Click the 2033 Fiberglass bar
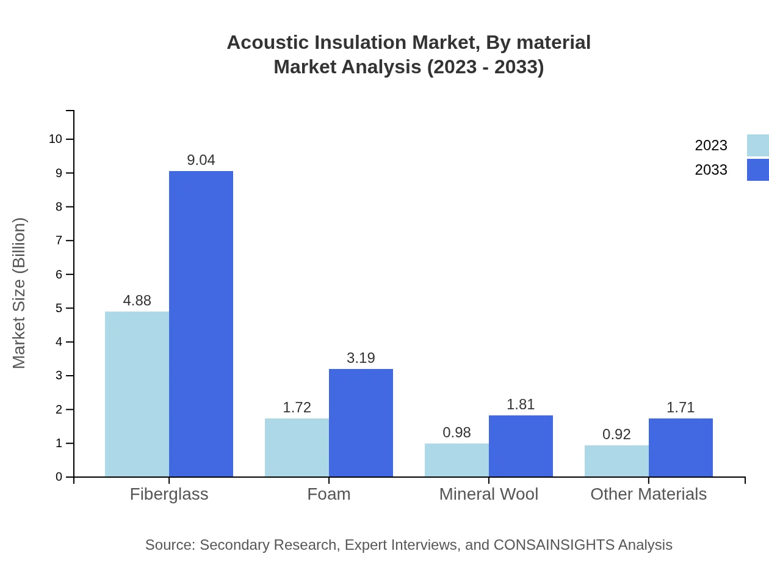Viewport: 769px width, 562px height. pos(201,324)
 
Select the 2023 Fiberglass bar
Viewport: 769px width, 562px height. pos(137,394)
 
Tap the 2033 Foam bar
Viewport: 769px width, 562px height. pos(361,423)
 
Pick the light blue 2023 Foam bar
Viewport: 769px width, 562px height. pos(297,447)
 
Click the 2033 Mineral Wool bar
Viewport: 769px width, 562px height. pos(521,446)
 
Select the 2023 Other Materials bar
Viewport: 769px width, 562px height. pos(616,461)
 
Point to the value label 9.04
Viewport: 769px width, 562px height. pos(201,160)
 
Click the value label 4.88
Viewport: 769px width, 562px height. pos(137,301)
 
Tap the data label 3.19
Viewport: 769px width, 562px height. pos(361,358)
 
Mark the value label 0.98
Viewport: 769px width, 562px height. pos(457,432)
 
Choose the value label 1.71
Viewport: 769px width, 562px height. pos(681,407)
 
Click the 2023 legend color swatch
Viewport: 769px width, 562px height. pos(757,145)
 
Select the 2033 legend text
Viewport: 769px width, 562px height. pos(711,170)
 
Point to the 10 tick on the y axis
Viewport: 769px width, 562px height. pos(56,139)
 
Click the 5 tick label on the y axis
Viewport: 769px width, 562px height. pos(59,308)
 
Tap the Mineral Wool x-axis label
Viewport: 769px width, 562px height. pos(489,494)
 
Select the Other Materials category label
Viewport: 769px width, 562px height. pos(648,494)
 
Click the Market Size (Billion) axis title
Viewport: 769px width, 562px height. pos(20,293)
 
